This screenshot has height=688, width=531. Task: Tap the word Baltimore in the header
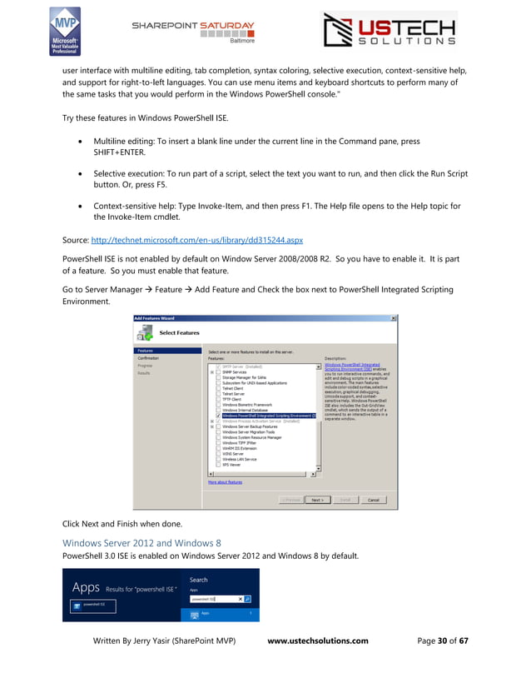click(241, 39)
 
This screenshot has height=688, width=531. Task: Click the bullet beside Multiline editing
click(83, 142)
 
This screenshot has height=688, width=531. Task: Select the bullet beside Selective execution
click(83, 176)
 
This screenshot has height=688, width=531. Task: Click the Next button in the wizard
click(316, 500)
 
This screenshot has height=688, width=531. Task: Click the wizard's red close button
click(393, 317)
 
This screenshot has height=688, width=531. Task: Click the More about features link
click(225, 482)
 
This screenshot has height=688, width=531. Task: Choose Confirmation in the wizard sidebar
click(149, 358)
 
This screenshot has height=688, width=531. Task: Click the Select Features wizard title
click(179, 333)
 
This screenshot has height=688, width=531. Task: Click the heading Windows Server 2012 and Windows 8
click(141, 543)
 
